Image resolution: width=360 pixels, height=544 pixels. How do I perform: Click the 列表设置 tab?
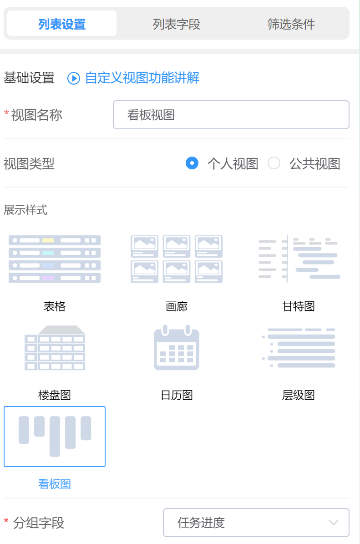click(x=62, y=24)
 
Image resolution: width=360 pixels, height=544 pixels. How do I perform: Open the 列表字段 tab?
click(x=177, y=24)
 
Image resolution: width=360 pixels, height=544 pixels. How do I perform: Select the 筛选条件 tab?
click(x=291, y=24)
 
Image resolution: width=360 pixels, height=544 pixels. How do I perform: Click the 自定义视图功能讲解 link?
click(x=142, y=78)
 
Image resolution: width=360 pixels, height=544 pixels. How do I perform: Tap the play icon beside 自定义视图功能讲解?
click(x=74, y=78)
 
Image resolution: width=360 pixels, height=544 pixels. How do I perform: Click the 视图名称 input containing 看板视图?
click(x=231, y=115)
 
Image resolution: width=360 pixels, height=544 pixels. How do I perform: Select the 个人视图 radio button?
click(x=192, y=163)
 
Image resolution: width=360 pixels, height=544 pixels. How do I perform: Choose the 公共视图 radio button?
click(x=274, y=163)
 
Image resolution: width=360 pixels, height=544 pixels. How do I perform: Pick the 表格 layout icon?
click(x=55, y=259)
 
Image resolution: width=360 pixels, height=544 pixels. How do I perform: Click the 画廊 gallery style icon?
click(x=177, y=259)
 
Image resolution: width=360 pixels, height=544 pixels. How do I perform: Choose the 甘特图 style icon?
click(x=299, y=259)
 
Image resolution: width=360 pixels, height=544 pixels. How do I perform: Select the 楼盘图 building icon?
click(x=55, y=348)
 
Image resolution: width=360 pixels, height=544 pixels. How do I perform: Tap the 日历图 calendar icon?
click(x=177, y=348)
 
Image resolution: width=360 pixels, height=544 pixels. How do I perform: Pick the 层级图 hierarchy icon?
click(x=299, y=348)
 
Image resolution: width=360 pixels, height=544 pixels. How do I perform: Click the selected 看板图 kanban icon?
click(x=55, y=436)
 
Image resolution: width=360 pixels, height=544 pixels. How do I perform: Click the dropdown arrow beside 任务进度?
click(x=334, y=522)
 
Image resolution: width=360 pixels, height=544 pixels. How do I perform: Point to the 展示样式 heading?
click(x=25, y=210)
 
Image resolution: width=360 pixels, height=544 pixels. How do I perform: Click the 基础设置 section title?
click(x=29, y=78)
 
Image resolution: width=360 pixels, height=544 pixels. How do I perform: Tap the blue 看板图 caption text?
click(x=55, y=483)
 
